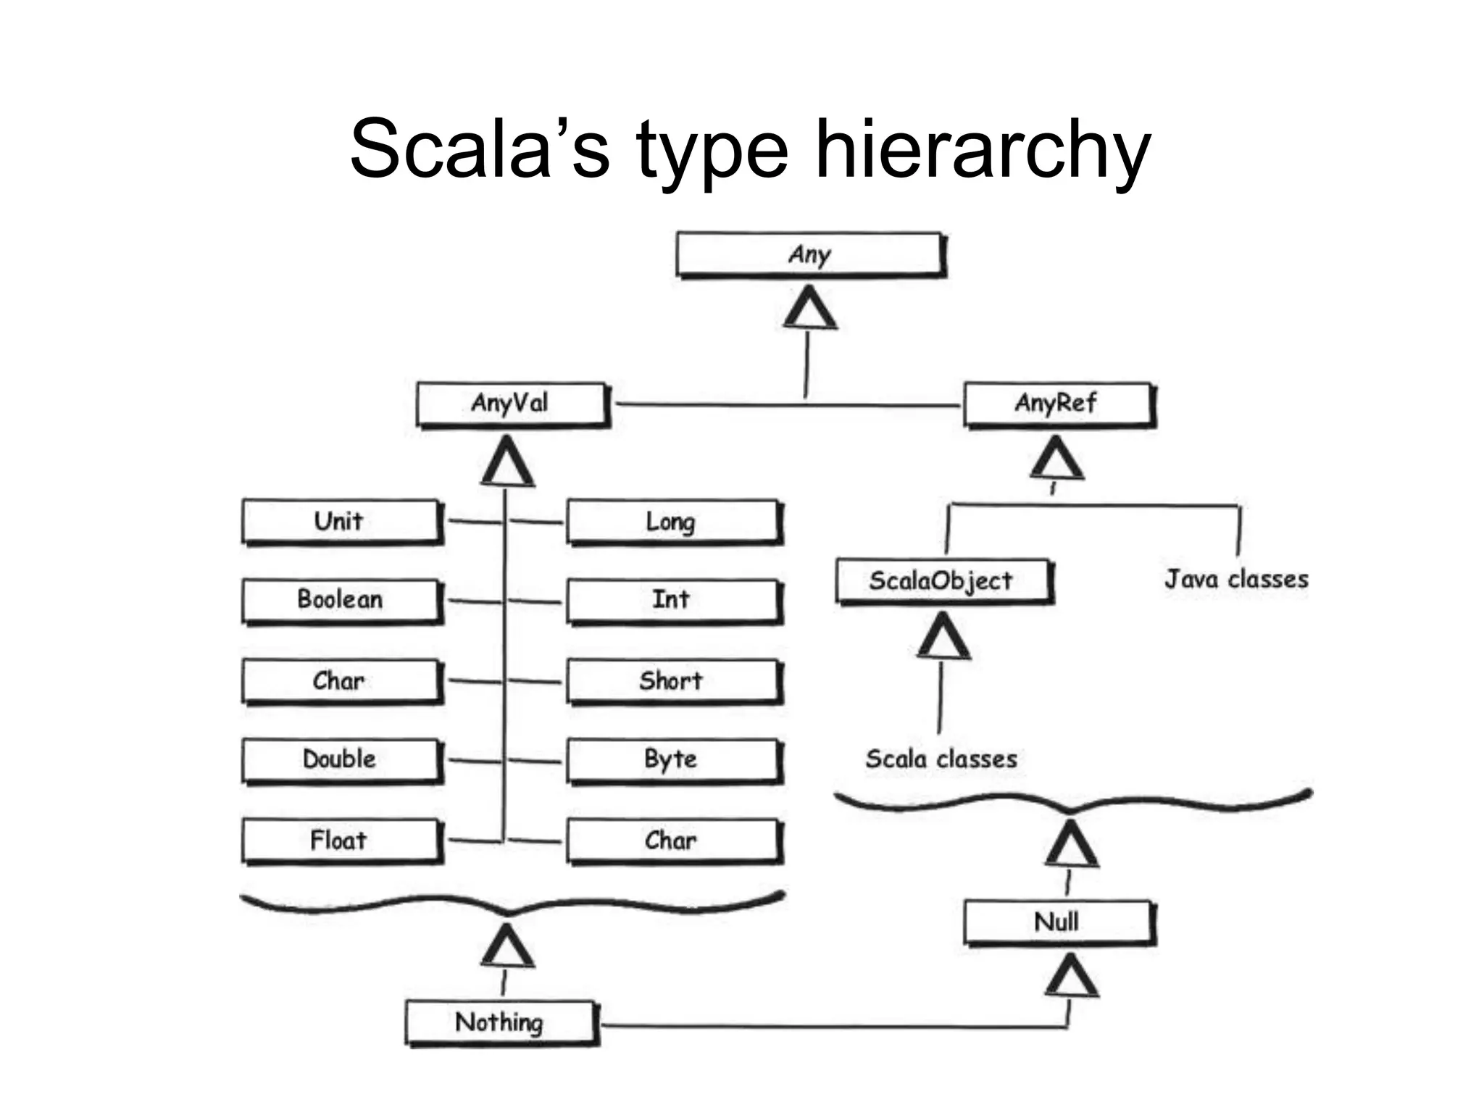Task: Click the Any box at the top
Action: (810, 254)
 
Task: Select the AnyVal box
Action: (512, 404)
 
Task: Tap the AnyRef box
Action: (1058, 404)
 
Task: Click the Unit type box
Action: (341, 522)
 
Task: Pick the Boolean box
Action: (341, 600)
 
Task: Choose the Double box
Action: (341, 759)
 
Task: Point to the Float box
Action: (341, 841)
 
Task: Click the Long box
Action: (672, 522)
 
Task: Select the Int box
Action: (672, 600)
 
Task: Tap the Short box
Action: (672, 681)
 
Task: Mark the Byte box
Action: (672, 759)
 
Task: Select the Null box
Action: (1058, 922)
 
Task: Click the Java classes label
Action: (1236, 579)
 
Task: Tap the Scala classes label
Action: (941, 759)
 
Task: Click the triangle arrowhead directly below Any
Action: (810, 309)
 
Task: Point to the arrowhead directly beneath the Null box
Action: (1072, 977)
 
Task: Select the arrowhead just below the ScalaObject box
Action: (943, 636)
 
